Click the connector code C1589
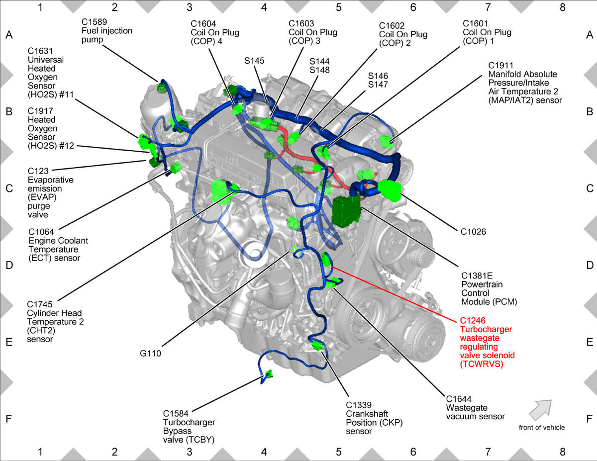[94, 22]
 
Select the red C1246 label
[473, 320]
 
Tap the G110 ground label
[150, 354]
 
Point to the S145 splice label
[254, 61]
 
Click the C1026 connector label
[473, 232]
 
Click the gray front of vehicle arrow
[540, 410]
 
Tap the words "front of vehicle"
[542, 428]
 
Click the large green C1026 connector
[390, 190]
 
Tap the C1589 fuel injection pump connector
[161, 88]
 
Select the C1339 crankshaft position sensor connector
[318, 346]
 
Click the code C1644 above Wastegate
[459, 399]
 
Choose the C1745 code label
[40, 304]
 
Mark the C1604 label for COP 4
[203, 24]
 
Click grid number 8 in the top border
[562, 7]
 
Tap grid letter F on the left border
[9, 419]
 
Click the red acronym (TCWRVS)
[482, 364]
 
